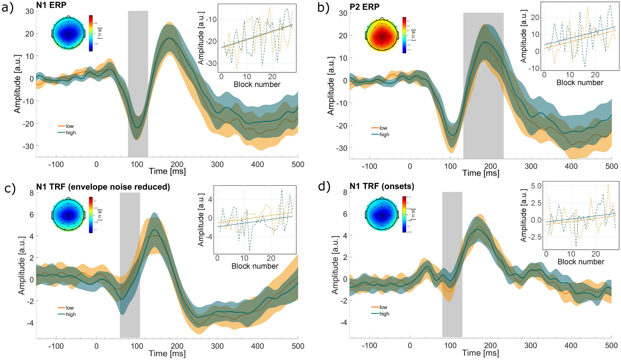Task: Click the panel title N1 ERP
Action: [x=51, y=5]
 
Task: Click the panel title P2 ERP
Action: [x=364, y=7]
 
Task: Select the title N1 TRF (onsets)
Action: [x=382, y=186]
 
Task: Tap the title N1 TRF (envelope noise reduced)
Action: [x=103, y=187]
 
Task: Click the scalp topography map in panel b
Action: [x=382, y=35]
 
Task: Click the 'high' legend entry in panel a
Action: [x=71, y=133]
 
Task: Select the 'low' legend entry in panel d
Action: [x=383, y=307]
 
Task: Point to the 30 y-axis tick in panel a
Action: [x=30, y=11]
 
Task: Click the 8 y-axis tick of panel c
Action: [x=32, y=193]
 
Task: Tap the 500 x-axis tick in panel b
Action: [x=611, y=166]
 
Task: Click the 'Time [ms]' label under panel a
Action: [x=167, y=171]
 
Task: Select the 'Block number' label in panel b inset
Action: [x=580, y=83]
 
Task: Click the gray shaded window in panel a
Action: [x=138, y=84]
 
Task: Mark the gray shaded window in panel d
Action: [x=452, y=264]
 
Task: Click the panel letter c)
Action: [x=10, y=189]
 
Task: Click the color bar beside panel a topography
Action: [x=91, y=33]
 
